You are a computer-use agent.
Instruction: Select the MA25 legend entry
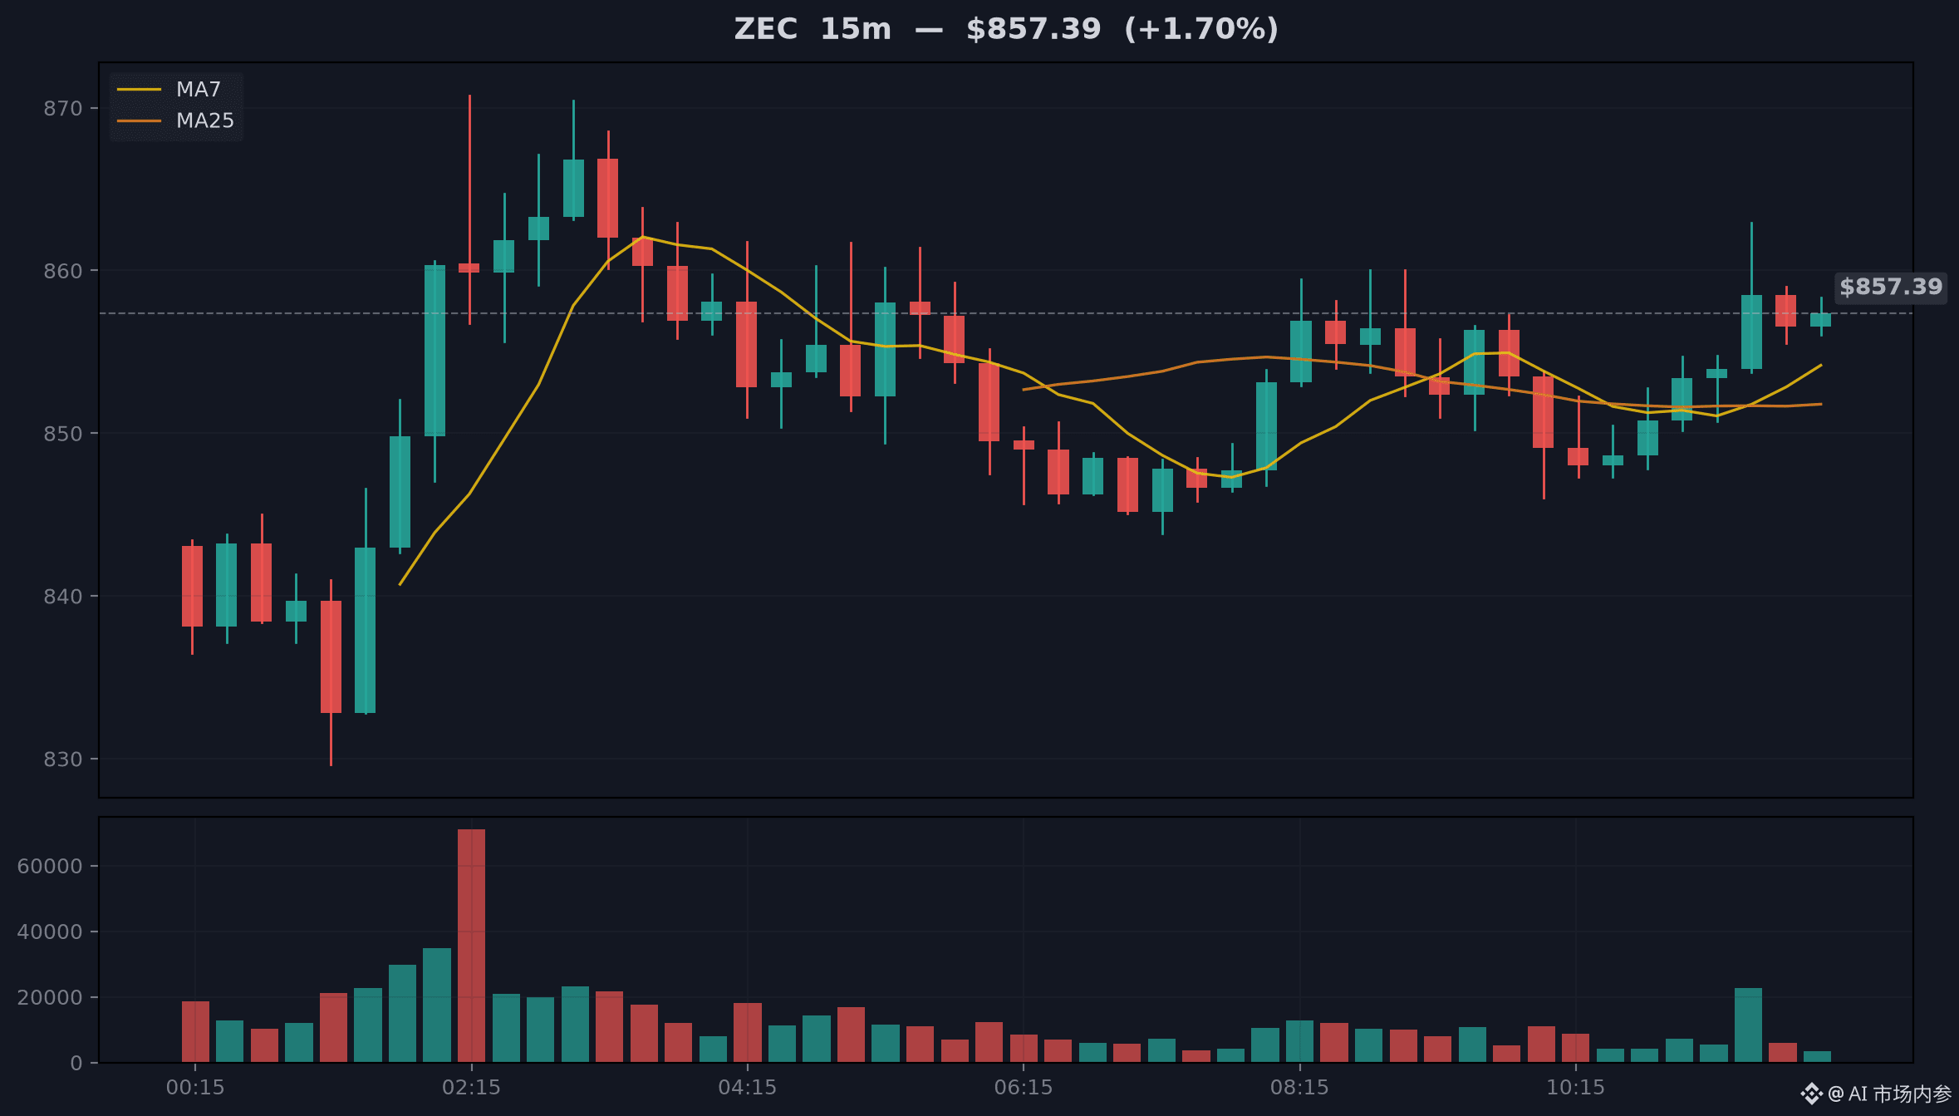175,120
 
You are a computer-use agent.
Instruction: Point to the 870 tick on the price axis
63,108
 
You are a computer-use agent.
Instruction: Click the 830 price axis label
63,759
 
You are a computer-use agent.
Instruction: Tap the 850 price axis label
63,433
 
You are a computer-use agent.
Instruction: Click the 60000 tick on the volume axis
50,866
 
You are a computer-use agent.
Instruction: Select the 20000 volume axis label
50,997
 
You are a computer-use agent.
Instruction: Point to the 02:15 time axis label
471,1087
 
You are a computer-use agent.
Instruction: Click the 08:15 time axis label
1299,1087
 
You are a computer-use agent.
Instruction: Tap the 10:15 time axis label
1575,1087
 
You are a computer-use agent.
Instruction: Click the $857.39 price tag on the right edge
1890,287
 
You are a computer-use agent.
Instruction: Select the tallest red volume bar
471,946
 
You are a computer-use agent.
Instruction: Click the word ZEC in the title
765,29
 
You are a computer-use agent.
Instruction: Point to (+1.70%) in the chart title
1201,29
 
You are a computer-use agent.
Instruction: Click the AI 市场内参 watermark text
1899,1094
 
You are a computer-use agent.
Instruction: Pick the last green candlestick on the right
1820,319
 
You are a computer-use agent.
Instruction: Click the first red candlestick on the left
192,586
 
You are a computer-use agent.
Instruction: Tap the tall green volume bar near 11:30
1748,1025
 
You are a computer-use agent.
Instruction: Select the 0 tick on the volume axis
76,1063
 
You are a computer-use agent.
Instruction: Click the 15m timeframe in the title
855,29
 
